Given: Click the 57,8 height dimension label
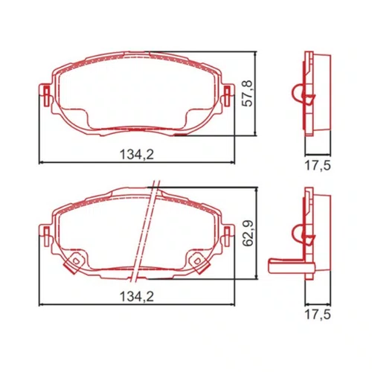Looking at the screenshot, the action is tap(247, 94).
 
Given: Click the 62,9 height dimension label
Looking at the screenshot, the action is tap(248, 234).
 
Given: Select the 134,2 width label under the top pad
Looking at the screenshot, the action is tap(137, 154).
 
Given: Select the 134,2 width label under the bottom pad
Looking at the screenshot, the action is tap(137, 296).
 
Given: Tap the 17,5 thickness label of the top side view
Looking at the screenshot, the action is tap(318, 166).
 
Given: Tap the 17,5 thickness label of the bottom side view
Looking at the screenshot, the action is tap(318, 315).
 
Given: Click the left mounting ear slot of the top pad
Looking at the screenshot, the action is tap(46, 96).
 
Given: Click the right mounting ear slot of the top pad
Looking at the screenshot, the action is tap(227, 96).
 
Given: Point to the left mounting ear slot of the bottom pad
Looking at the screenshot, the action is tap(46, 236).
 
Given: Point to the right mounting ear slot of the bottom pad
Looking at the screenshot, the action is tap(227, 236).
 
